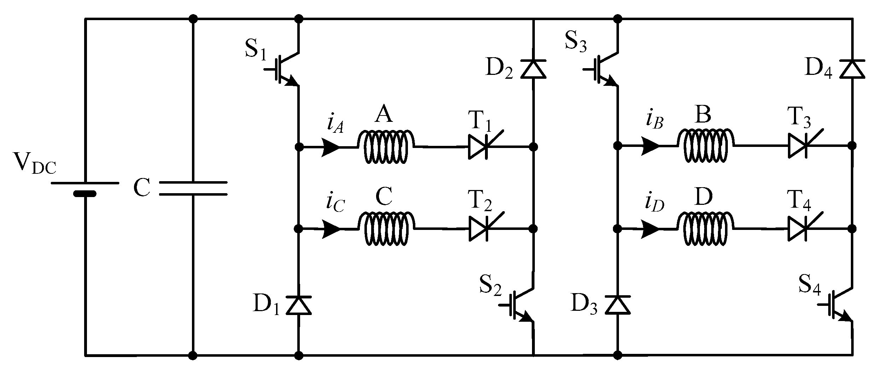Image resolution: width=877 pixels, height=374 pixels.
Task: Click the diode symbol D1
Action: [299, 306]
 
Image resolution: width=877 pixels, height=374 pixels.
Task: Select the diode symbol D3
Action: [618, 306]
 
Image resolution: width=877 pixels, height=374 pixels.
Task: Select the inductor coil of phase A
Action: [385, 146]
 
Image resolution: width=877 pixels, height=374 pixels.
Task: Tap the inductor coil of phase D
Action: [705, 229]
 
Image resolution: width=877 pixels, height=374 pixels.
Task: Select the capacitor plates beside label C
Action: [193, 188]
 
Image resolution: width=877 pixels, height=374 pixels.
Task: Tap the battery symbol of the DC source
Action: [85, 188]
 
